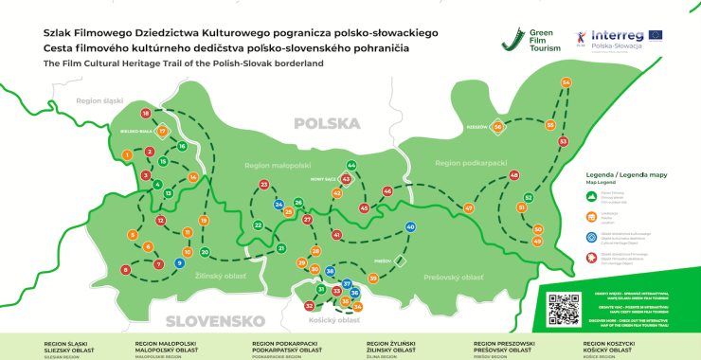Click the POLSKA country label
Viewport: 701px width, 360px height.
pos(327,124)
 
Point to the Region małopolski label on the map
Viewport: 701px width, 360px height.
pos(272,164)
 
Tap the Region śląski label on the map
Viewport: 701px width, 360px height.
pos(101,100)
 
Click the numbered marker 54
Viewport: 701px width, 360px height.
pos(566,82)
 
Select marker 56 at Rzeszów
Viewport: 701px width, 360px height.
pos(498,126)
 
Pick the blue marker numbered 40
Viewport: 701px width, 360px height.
pos(410,227)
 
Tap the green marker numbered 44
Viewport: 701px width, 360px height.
pos(351,165)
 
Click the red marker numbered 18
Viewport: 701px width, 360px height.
pos(146,114)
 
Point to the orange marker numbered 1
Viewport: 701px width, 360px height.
pos(126,153)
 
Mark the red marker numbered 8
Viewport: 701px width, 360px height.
pos(126,270)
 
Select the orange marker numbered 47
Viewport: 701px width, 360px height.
pos(468,207)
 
